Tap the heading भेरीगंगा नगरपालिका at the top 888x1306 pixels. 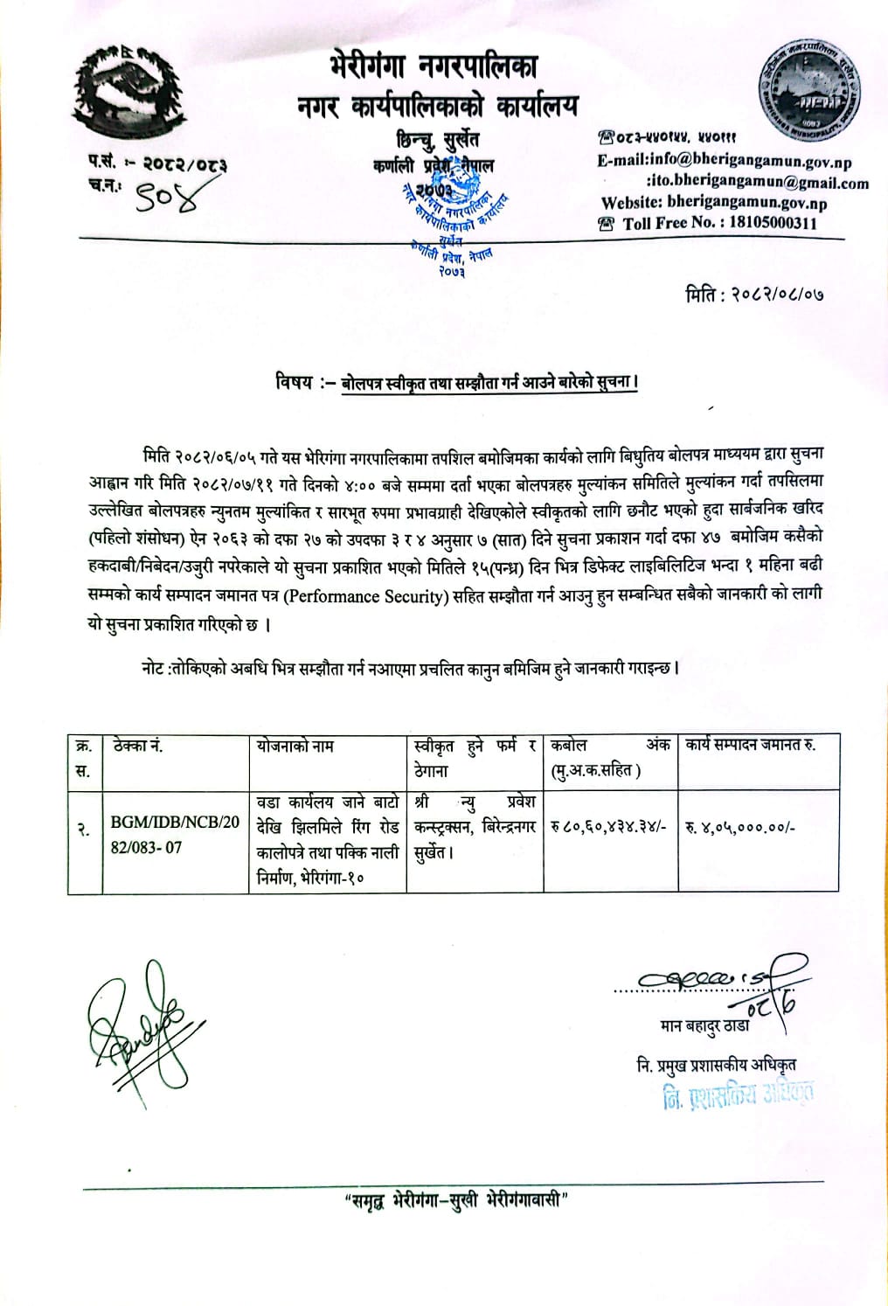(x=434, y=66)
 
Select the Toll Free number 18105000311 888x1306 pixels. (x=767, y=223)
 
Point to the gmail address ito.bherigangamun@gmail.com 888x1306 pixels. (x=758, y=183)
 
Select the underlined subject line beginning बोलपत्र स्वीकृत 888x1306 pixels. (x=489, y=384)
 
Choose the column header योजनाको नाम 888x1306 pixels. (x=295, y=747)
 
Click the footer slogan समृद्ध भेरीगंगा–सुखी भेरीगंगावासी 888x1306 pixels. (x=454, y=1224)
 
